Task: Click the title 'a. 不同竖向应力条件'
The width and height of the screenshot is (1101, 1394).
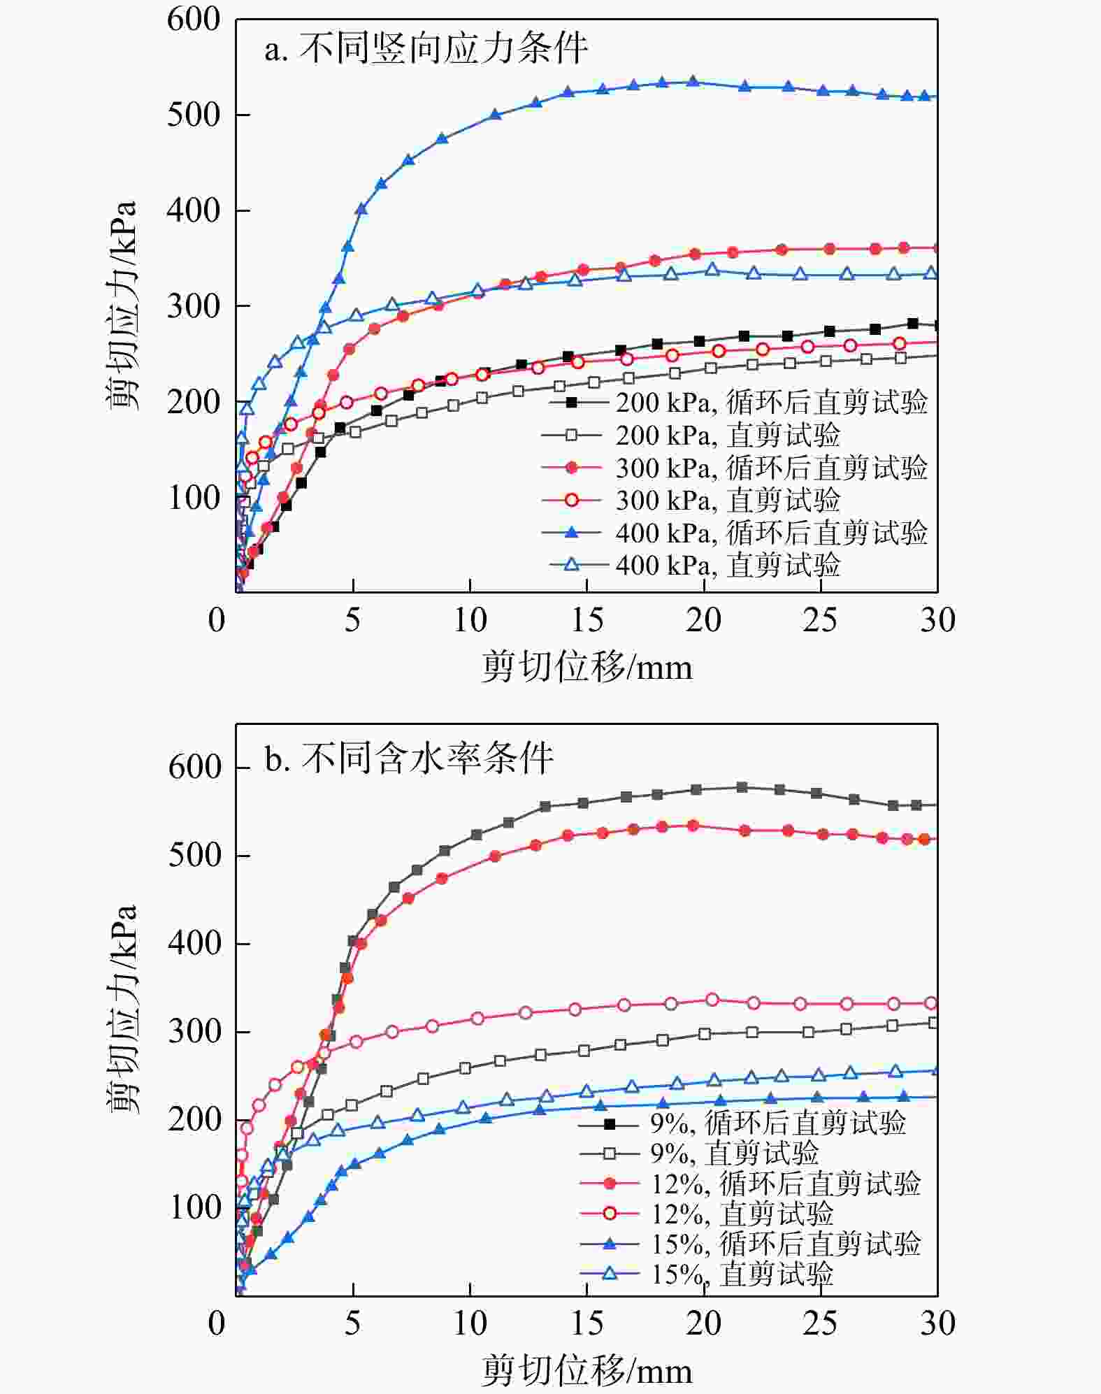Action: coord(426,50)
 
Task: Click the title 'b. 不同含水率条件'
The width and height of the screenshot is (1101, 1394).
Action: coord(409,758)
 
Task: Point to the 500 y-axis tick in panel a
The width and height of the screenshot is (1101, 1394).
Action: coord(194,115)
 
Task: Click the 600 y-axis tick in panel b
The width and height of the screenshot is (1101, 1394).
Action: coord(195,768)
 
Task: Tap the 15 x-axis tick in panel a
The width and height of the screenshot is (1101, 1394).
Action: coord(587,620)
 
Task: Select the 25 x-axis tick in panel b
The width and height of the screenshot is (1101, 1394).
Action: coord(820,1323)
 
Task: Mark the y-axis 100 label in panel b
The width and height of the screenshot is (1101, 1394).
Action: coord(195,1207)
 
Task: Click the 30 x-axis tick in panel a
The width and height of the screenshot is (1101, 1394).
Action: coord(937,620)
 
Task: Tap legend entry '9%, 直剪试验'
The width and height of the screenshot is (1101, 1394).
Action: coord(734,1154)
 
